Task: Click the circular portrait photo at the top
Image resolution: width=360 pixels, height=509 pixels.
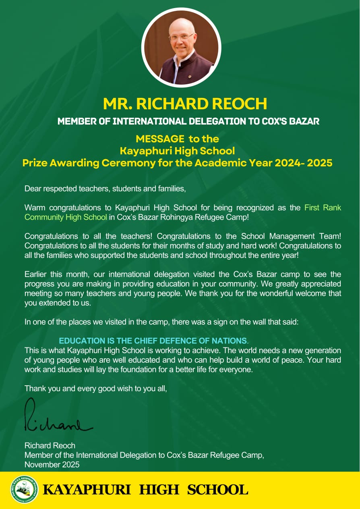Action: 181,48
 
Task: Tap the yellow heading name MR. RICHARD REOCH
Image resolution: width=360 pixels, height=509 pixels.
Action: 185,104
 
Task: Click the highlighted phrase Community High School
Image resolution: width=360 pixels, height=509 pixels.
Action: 66,217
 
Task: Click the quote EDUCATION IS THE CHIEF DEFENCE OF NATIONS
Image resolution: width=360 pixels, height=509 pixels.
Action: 153,341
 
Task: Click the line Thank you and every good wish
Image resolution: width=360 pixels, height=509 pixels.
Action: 95,389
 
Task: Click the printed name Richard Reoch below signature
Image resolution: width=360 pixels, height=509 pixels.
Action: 50,446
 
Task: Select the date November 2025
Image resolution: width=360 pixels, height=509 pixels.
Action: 52,464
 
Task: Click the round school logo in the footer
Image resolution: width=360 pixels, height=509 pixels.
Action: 24,489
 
